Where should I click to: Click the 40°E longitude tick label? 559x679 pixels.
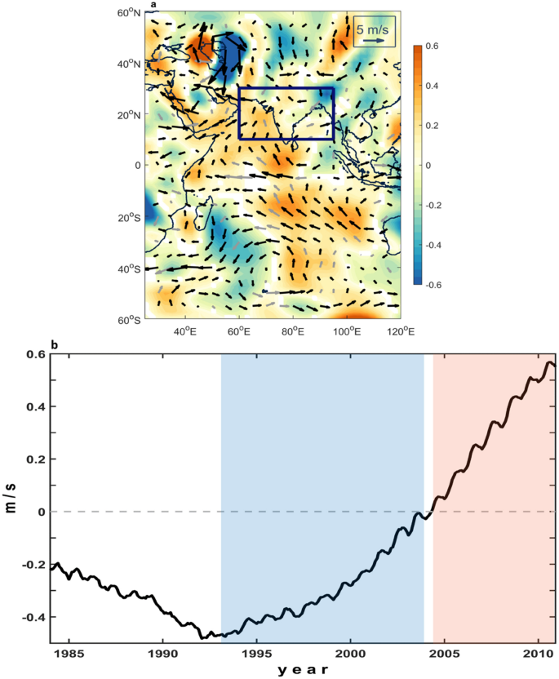tap(185, 331)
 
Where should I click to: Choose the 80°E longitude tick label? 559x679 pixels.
tap(292, 331)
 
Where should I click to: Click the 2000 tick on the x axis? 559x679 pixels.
tap(350, 655)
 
